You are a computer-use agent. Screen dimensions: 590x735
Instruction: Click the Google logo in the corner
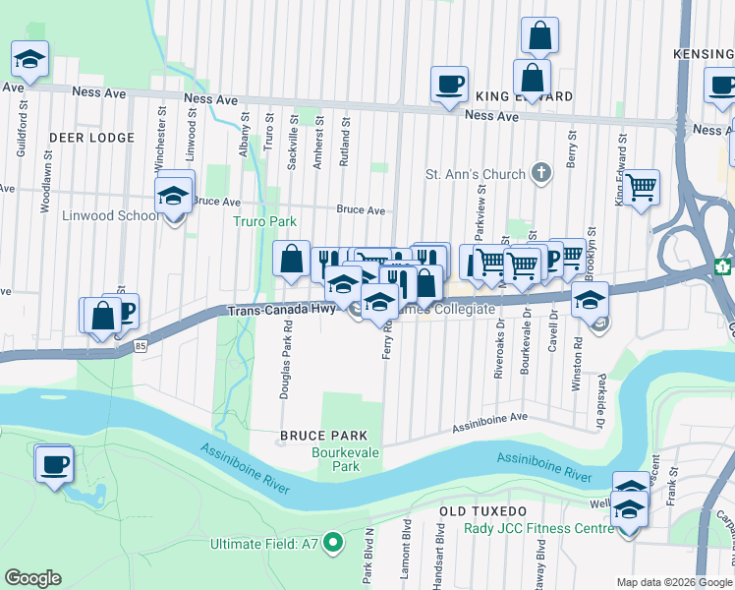pyautogui.click(x=32, y=578)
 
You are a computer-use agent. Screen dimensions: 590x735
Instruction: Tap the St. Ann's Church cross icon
pyautogui.click(x=539, y=174)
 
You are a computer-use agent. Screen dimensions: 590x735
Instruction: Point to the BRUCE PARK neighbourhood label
pyautogui.click(x=323, y=436)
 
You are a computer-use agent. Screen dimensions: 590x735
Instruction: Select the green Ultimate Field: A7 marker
pyautogui.click(x=333, y=542)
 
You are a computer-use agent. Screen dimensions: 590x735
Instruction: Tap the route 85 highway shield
pyautogui.click(x=141, y=345)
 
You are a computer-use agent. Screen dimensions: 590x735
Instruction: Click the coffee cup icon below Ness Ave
pyautogui.click(x=449, y=84)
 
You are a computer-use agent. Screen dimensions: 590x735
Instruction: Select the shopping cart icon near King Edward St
pyautogui.click(x=642, y=185)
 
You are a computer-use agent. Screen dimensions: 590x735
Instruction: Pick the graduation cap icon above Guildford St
pyautogui.click(x=29, y=58)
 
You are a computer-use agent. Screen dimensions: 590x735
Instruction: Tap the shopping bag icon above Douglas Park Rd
pyautogui.click(x=292, y=260)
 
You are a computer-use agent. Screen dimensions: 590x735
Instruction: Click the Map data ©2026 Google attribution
pyautogui.click(x=673, y=582)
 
